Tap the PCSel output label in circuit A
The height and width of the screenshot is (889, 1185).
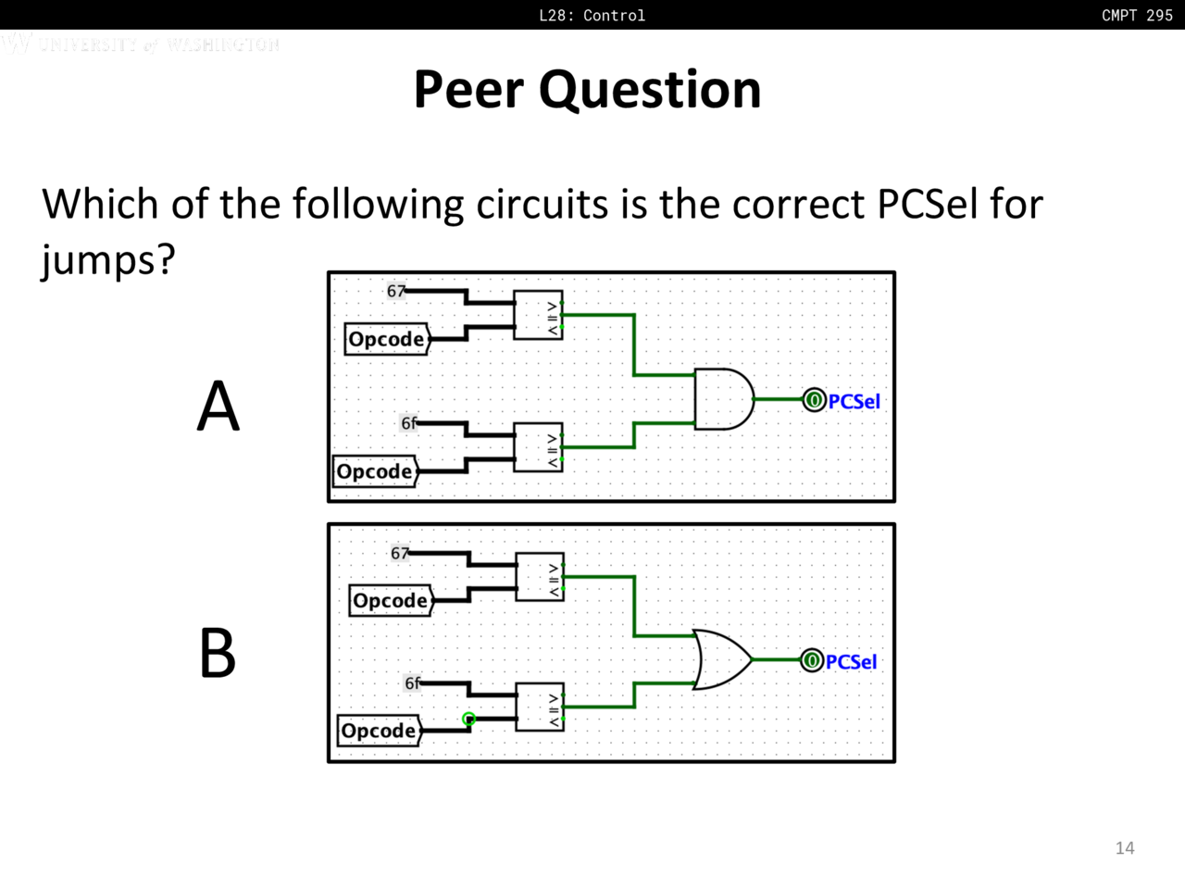click(854, 401)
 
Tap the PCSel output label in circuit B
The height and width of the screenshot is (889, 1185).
click(851, 662)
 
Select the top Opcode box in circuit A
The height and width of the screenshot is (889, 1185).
click(387, 339)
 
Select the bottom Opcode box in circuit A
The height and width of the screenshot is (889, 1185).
click(375, 471)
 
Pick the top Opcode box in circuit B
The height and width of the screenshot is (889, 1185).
click(391, 600)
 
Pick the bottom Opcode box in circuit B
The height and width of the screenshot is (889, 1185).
click(379, 731)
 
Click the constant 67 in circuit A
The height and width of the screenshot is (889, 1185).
click(396, 291)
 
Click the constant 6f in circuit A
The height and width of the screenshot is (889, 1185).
click(409, 423)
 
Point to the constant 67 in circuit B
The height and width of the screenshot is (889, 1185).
click(400, 553)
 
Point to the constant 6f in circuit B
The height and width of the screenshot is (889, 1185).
click(413, 683)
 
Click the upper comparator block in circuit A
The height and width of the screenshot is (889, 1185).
click(539, 315)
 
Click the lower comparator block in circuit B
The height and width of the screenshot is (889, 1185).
click(540, 707)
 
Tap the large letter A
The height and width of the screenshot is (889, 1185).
click(218, 407)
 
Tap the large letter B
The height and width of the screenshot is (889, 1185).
click(218, 654)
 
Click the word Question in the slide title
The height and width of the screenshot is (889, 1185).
click(650, 90)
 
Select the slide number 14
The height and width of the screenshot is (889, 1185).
click(1125, 847)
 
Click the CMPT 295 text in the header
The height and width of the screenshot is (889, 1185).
click(1137, 15)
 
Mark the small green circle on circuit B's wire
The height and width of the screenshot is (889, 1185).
click(468, 719)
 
